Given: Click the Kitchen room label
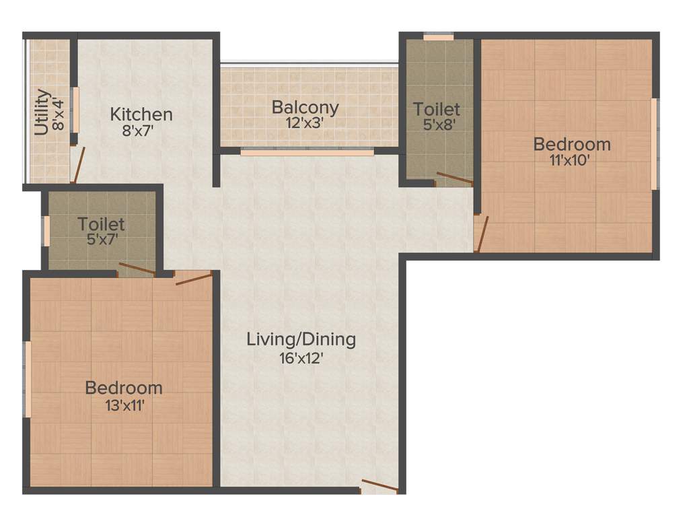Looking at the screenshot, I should pyautogui.click(x=141, y=114).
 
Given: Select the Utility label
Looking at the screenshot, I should pyautogui.click(x=42, y=112).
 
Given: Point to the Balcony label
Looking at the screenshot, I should pyautogui.click(x=305, y=107).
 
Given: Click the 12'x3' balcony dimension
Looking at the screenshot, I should pyautogui.click(x=305, y=124).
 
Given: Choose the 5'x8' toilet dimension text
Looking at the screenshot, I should pyautogui.click(x=437, y=125).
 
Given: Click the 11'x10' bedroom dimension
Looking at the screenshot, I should pyautogui.click(x=572, y=161).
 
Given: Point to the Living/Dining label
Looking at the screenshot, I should pyautogui.click(x=301, y=339).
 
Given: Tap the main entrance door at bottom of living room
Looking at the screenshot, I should pyautogui.click(x=379, y=486).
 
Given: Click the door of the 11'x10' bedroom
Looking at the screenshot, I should pyautogui.click(x=479, y=234).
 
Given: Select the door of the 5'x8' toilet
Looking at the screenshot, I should pyautogui.click(x=454, y=178).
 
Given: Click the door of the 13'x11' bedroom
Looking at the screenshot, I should pyautogui.click(x=194, y=278).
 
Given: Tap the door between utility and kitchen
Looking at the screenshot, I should pyautogui.click(x=78, y=166).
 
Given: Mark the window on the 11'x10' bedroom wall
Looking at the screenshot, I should pyautogui.click(x=653, y=144).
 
